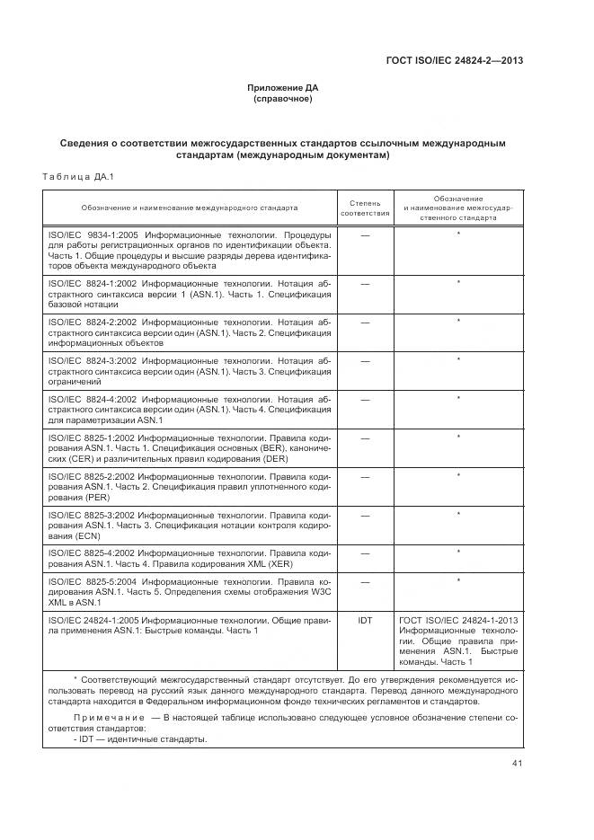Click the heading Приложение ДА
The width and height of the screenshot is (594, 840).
pos(283,88)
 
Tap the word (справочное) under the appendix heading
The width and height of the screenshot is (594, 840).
pos(283,99)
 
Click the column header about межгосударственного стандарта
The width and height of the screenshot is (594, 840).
pos(458,208)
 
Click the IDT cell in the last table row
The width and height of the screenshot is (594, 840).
pos(365,620)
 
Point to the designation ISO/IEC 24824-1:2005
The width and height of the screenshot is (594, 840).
pos(93,620)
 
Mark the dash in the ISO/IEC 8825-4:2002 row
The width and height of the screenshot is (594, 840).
pos(365,553)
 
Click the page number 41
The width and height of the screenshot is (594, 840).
pos(517,764)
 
